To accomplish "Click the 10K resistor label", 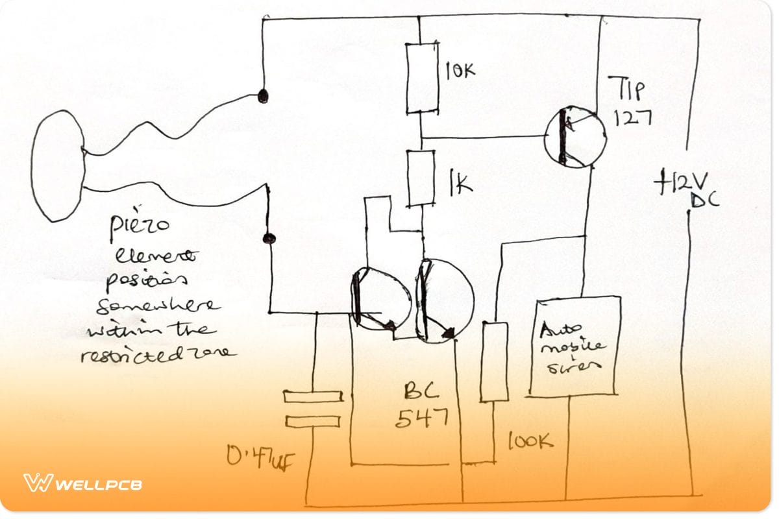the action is pyautogui.click(x=460, y=70).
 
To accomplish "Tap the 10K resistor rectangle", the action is pyautogui.click(x=421, y=77).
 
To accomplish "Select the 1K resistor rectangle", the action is pyautogui.click(x=421, y=178).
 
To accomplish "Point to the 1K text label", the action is pyautogui.click(x=458, y=184).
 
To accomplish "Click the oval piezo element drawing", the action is pyautogui.click(x=57, y=165).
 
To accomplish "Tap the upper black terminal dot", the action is pyautogui.click(x=263, y=96).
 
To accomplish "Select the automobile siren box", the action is pyautogui.click(x=573, y=346).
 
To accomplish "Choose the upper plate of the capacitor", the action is pyautogui.click(x=313, y=396).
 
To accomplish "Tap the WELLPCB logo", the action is pyautogui.click(x=82, y=483).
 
